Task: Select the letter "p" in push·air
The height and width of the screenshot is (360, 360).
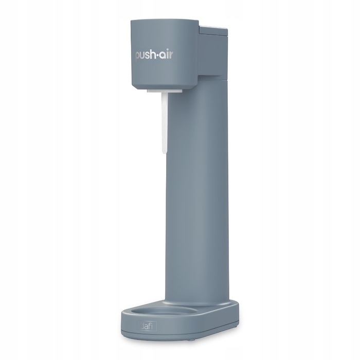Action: tap(138, 58)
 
